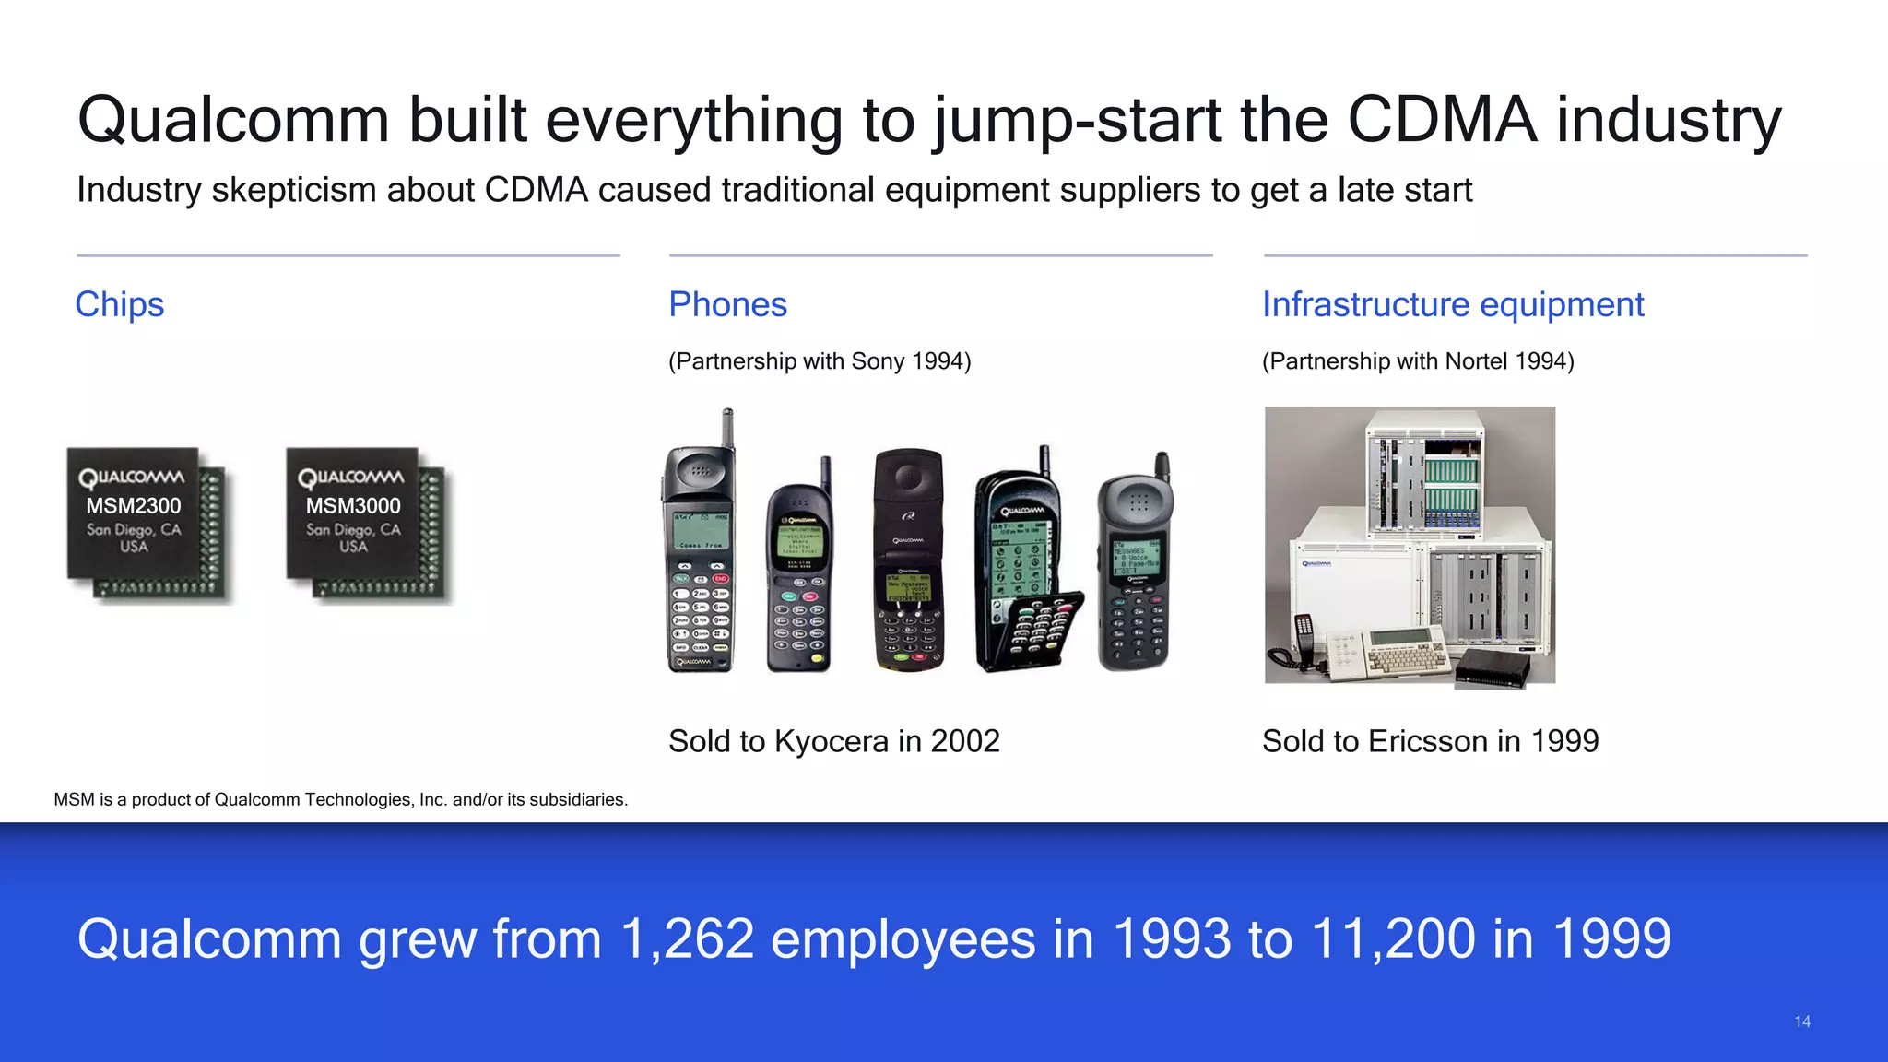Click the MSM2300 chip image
[x=146, y=525]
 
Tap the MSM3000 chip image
[x=365, y=525]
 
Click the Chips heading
[x=120, y=304]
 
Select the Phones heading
[x=727, y=304]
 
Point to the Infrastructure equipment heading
[x=1452, y=304]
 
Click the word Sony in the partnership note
[x=878, y=361]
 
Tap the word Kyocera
[x=832, y=741]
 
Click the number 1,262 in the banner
[x=688, y=939]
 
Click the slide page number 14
[x=1802, y=1021]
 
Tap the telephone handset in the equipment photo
[x=1301, y=641]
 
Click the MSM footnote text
[x=340, y=800]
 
